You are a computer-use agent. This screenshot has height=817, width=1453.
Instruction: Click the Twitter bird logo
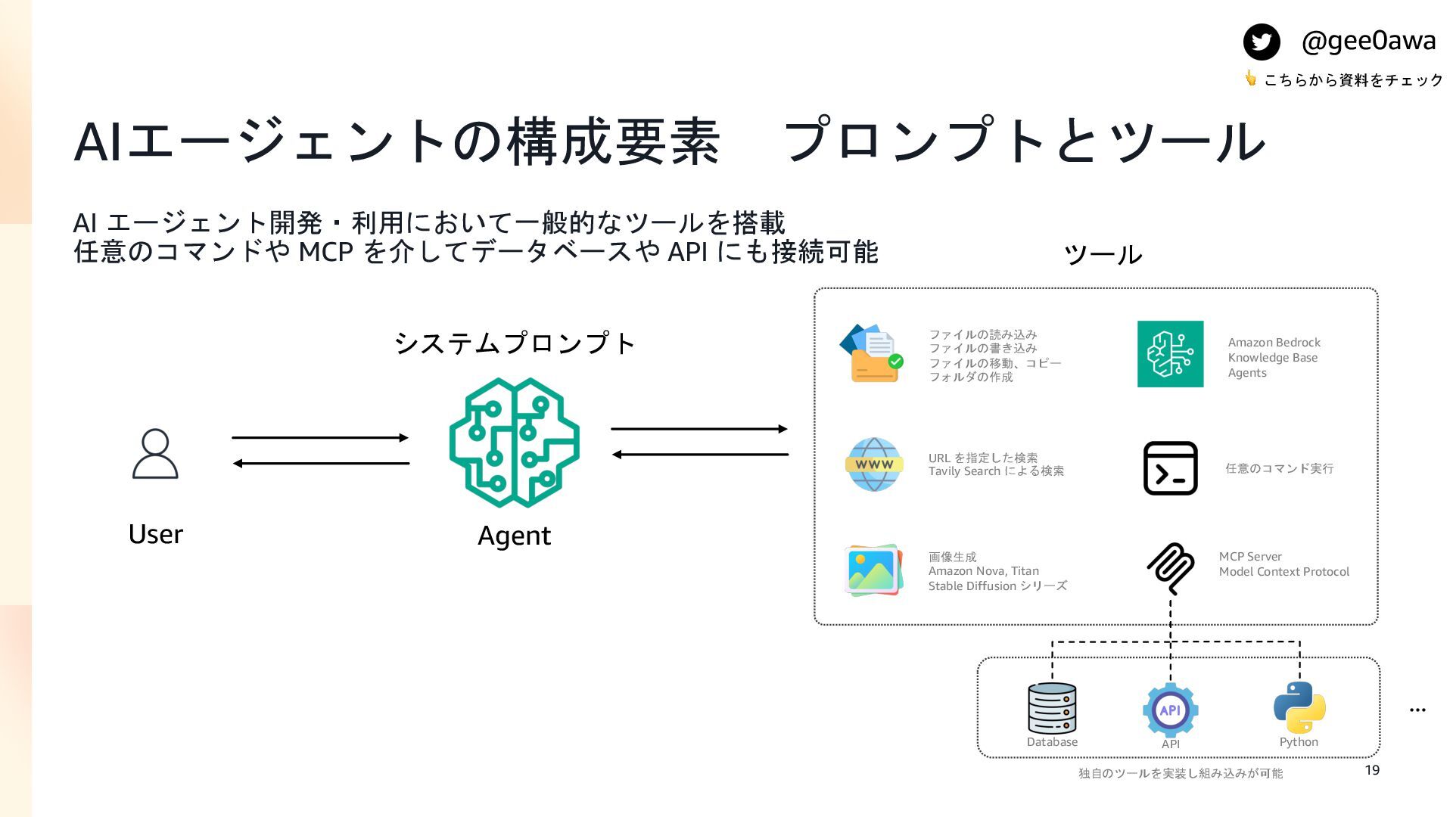pos(1262,42)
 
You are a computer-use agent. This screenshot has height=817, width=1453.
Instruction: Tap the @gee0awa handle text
pos(1368,40)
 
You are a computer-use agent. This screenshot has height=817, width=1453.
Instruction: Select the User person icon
pos(155,454)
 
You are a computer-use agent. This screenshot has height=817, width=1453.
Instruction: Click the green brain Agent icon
pos(515,443)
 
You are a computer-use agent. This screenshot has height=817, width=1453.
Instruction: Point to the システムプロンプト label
pos(515,343)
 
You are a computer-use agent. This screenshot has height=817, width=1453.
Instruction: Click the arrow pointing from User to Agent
pos(320,437)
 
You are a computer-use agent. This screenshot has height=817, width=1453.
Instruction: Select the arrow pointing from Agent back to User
pos(320,463)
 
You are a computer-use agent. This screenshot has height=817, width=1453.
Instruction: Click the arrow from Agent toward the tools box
pos(699,429)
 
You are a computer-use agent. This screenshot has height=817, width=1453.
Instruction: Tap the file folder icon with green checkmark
pos(872,353)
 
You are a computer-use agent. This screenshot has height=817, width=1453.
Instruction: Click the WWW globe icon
pos(874,464)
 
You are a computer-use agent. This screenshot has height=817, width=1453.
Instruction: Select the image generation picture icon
pos(873,570)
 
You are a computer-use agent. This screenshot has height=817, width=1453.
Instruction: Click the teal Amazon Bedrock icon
pos(1170,354)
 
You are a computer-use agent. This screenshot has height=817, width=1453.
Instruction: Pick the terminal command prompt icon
pos(1170,468)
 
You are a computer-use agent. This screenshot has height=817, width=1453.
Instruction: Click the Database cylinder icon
pos(1052,708)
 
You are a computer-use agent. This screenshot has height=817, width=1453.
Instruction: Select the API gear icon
pos(1170,710)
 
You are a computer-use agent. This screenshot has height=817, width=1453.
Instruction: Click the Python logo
pos(1299,707)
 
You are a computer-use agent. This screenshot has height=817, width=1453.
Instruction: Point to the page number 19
pos(1372,770)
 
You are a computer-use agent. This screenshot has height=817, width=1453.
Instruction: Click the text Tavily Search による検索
pos(996,471)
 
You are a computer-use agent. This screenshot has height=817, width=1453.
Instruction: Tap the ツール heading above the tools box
pos(1103,255)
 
